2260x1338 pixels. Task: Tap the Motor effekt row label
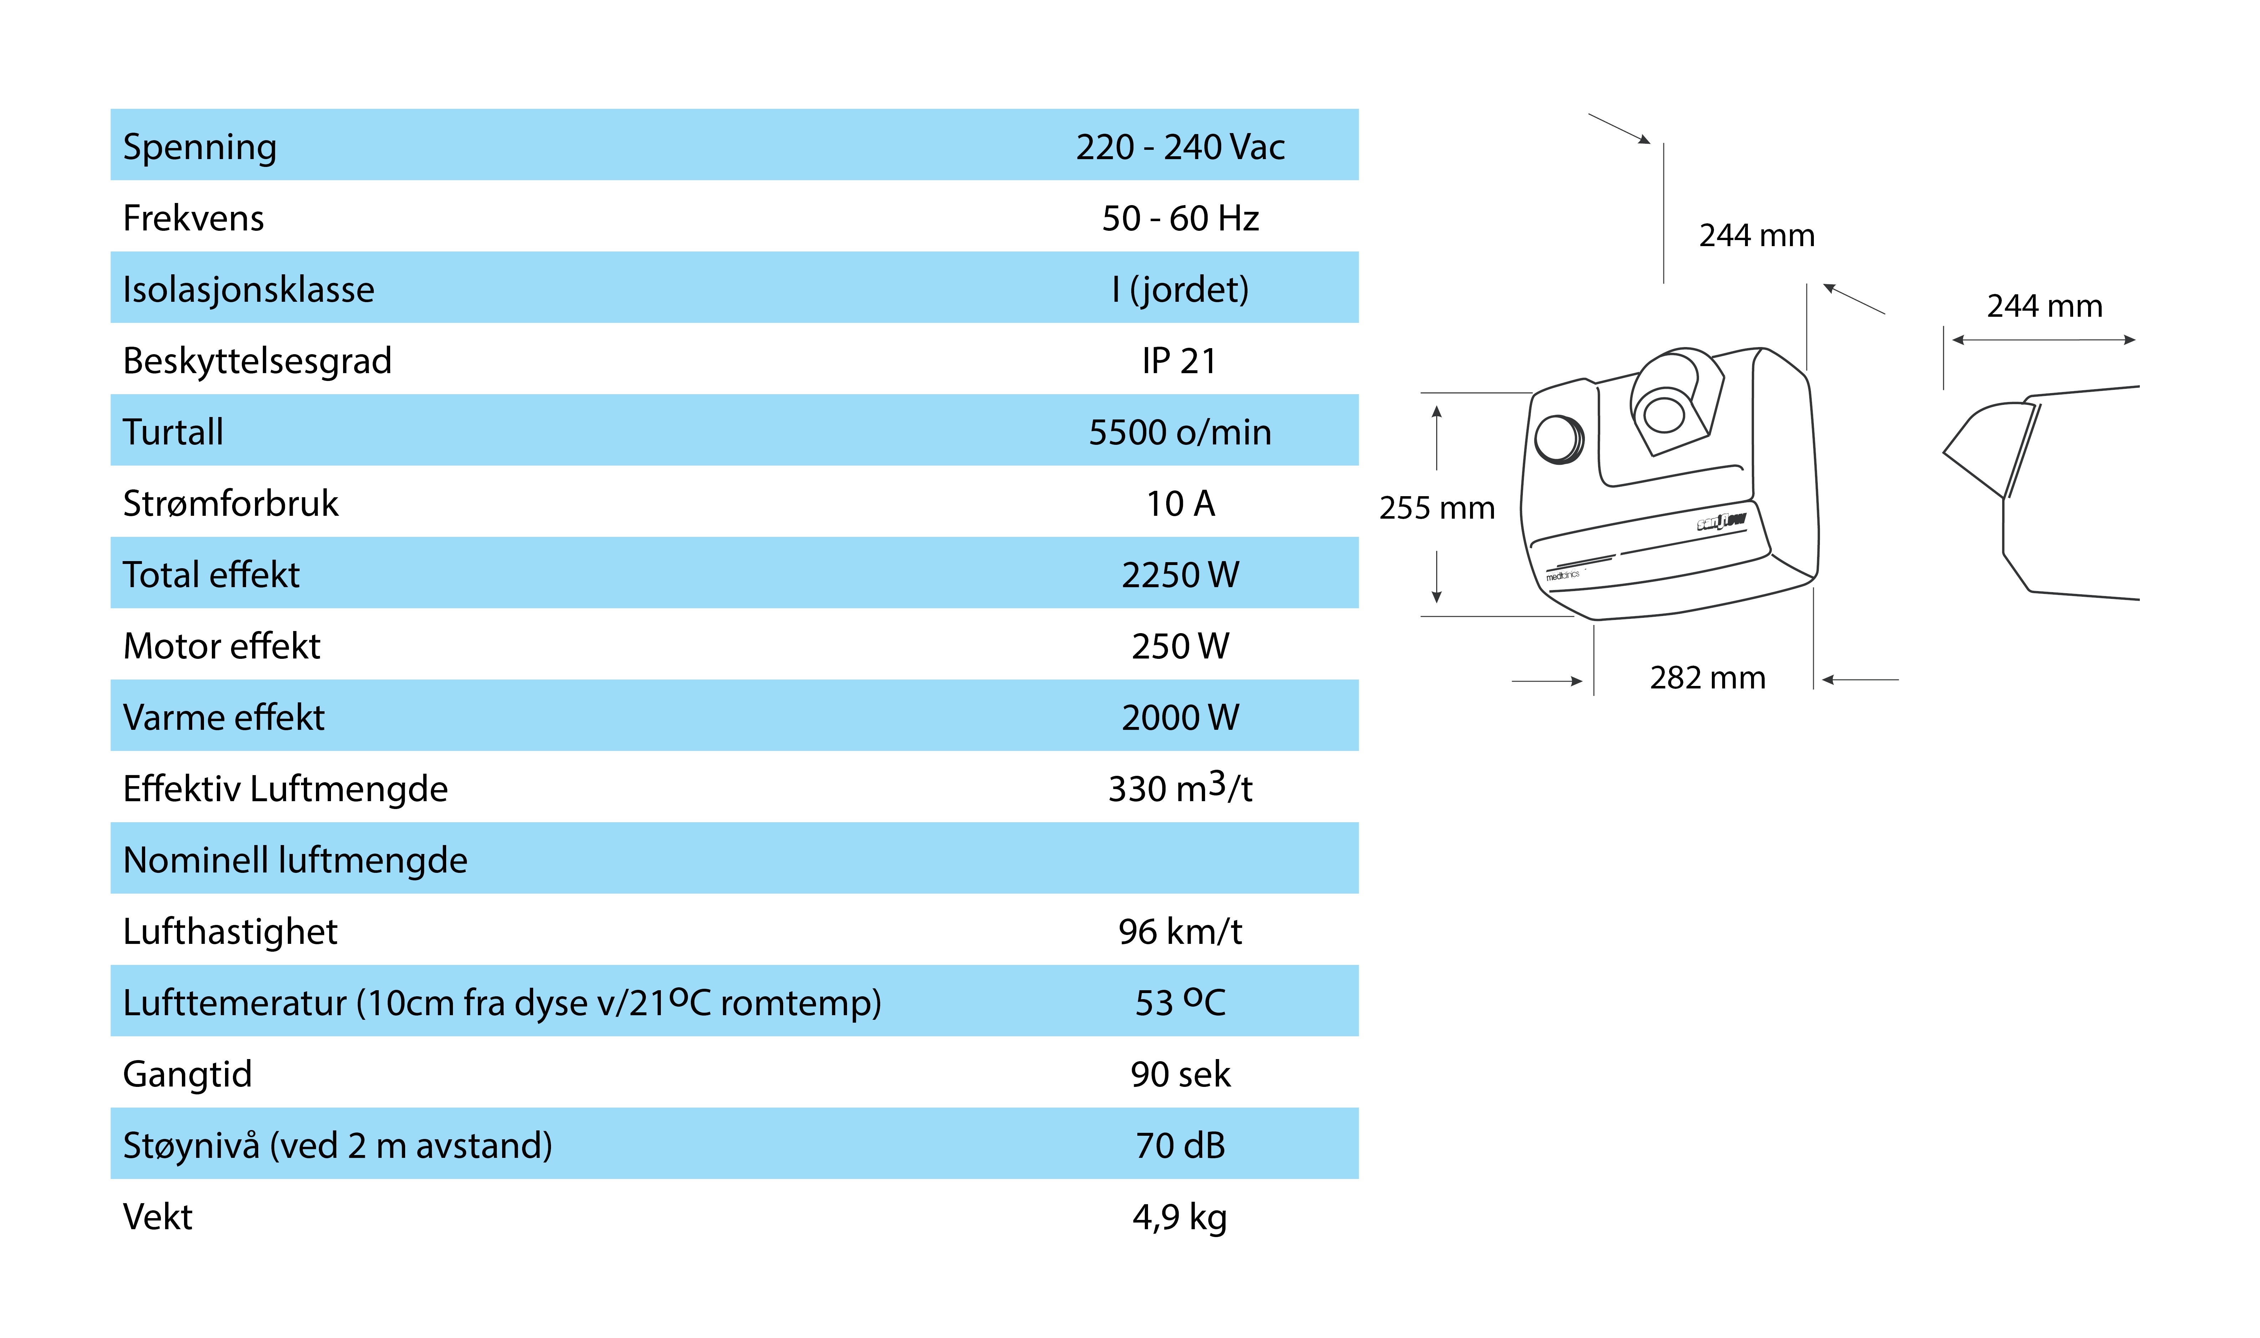[x=222, y=646]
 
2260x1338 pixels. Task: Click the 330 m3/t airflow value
[x=1180, y=787]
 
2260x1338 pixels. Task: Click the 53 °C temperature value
[x=1180, y=1002]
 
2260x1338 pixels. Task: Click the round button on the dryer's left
[x=1558, y=439]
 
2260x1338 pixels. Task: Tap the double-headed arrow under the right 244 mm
[x=2044, y=340]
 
